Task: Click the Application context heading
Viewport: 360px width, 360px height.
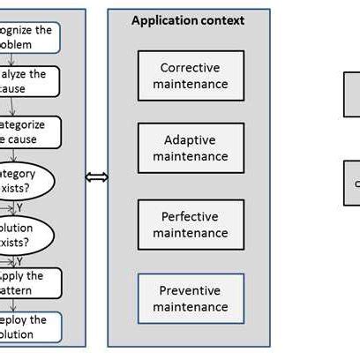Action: [x=188, y=20]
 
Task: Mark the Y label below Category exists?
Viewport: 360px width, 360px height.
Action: [x=19, y=208]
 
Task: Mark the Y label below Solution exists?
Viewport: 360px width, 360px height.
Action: [x=19, y=260]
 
